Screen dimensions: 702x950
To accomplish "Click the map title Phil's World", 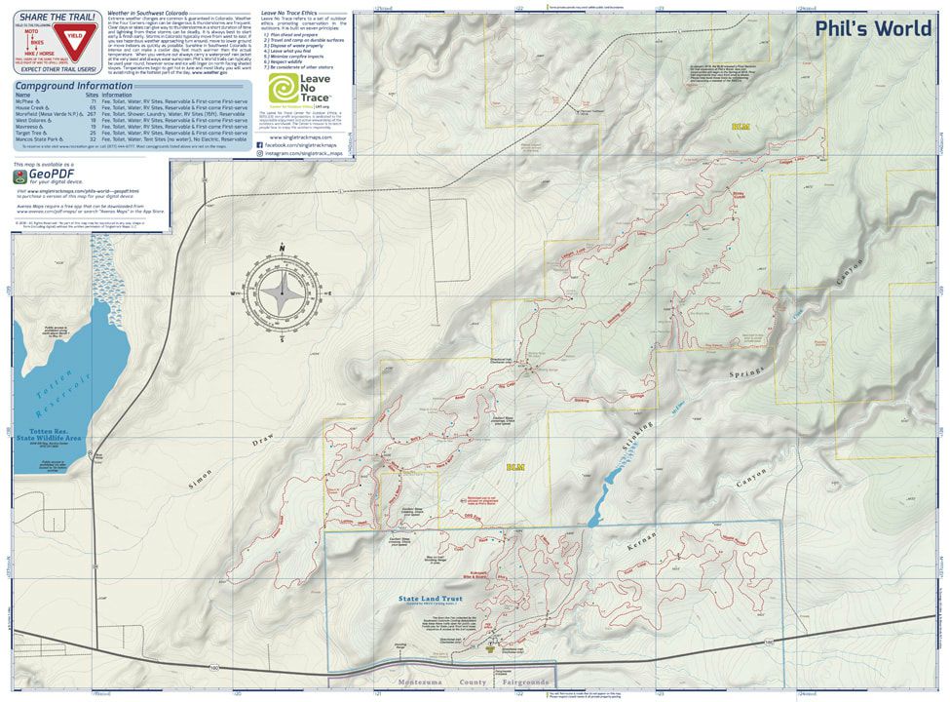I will click(x=873, y=28).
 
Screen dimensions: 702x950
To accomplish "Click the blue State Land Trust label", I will click(x=422, y=599).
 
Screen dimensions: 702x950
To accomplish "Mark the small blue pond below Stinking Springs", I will click(x=612, y=479).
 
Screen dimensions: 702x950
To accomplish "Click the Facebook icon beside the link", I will click(x=260, y=144).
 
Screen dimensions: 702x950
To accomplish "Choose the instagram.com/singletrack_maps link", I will click(x=305, y=154).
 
